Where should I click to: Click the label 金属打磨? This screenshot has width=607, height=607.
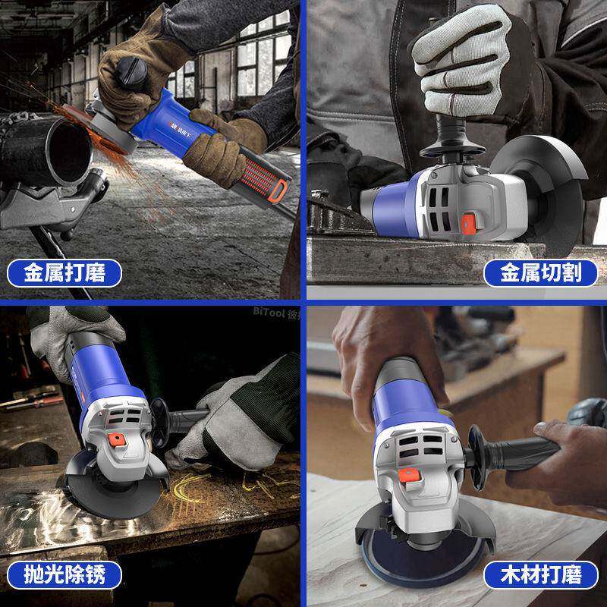64,272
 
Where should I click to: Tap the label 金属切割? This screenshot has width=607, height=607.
540,272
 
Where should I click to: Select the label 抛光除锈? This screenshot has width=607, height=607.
64,574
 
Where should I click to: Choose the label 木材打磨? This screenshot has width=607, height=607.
540,574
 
